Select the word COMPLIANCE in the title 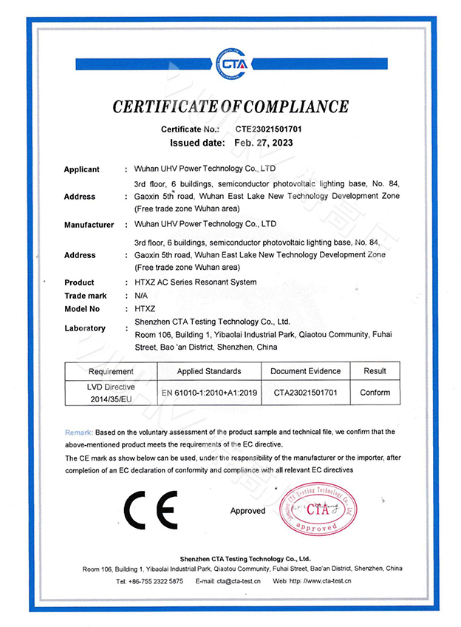(x=290, y=106)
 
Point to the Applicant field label (x=81, y=169)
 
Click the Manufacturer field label (x=89, y=225)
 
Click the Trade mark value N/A (x=140, y=296)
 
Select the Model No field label (x=82, y=309)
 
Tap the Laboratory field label (x=85, y=328)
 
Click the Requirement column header (x=111, y=371)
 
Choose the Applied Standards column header (x=209, y=371)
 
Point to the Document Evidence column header (x=305, y=371)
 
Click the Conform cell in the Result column (x=375, y=393)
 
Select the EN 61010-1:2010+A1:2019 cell (x=209, y=393)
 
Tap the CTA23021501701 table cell (x=305, y=393)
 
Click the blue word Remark (x=78, y=431)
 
